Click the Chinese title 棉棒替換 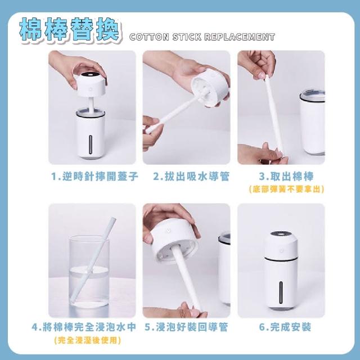[x=69, y=30]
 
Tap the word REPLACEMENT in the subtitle [x=240, y=37]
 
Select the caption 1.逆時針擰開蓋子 [x=94, y=177]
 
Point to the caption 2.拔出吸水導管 [x=191, y=177]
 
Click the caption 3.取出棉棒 [x=286, y=177]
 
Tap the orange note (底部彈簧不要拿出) [x=286, y=189]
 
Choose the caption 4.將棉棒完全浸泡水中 [x=84, y=327]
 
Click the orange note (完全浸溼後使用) [x=88, y=340]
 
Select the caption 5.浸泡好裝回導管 [x=186, y=327]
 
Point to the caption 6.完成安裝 [x=285, y=327]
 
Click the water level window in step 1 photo [x=91, y=145]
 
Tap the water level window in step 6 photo [x=281, y=292]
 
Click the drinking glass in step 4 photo [x=89, y=272]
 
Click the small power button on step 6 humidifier [x=281, y=250]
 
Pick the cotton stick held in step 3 [x=274, y=114]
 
